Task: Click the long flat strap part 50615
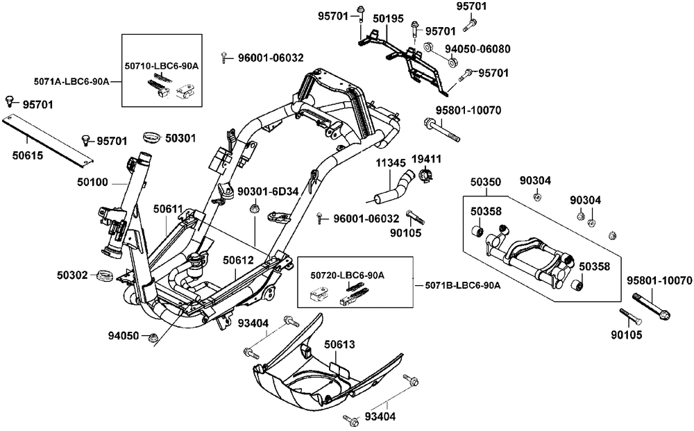tap(49, 141)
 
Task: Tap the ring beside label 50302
tap(104, 276)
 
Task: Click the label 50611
tap(168, 208)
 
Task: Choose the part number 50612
tap(237, 260)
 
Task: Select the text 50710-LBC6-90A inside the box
tap(162, 65)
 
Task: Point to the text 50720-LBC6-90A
tap(348, 276)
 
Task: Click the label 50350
tap(484, 181)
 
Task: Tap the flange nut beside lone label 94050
tap(152, 337)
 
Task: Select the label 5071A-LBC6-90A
tap(71, 81)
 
